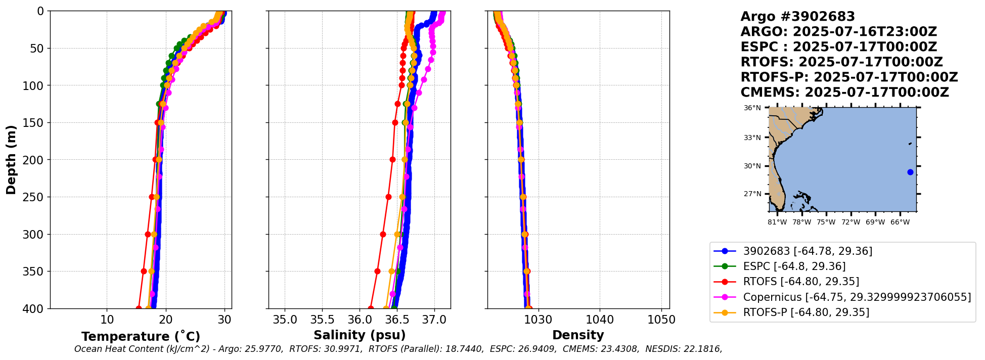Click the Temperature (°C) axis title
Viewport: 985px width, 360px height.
141,337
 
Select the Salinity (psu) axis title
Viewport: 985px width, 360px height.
360,335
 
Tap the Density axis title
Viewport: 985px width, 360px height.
578,335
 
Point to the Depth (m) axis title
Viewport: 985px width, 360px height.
11,159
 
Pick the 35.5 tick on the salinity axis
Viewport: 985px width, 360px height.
322,320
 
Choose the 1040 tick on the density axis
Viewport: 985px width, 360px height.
600,320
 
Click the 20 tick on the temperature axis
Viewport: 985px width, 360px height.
165,320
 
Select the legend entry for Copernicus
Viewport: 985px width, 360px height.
857,297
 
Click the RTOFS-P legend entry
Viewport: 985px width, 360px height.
806,312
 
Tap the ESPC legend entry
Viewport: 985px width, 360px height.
794,266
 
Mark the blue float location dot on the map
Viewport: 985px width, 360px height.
910,172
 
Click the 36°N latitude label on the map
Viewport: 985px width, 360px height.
752,108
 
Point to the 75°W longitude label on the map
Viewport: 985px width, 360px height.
826,222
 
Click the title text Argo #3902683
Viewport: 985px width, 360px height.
797,17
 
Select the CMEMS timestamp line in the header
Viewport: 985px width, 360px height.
844,93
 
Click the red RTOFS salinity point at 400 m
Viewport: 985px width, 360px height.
371,308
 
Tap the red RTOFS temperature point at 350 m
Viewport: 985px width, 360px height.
144,272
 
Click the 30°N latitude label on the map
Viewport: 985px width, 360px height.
752,166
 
